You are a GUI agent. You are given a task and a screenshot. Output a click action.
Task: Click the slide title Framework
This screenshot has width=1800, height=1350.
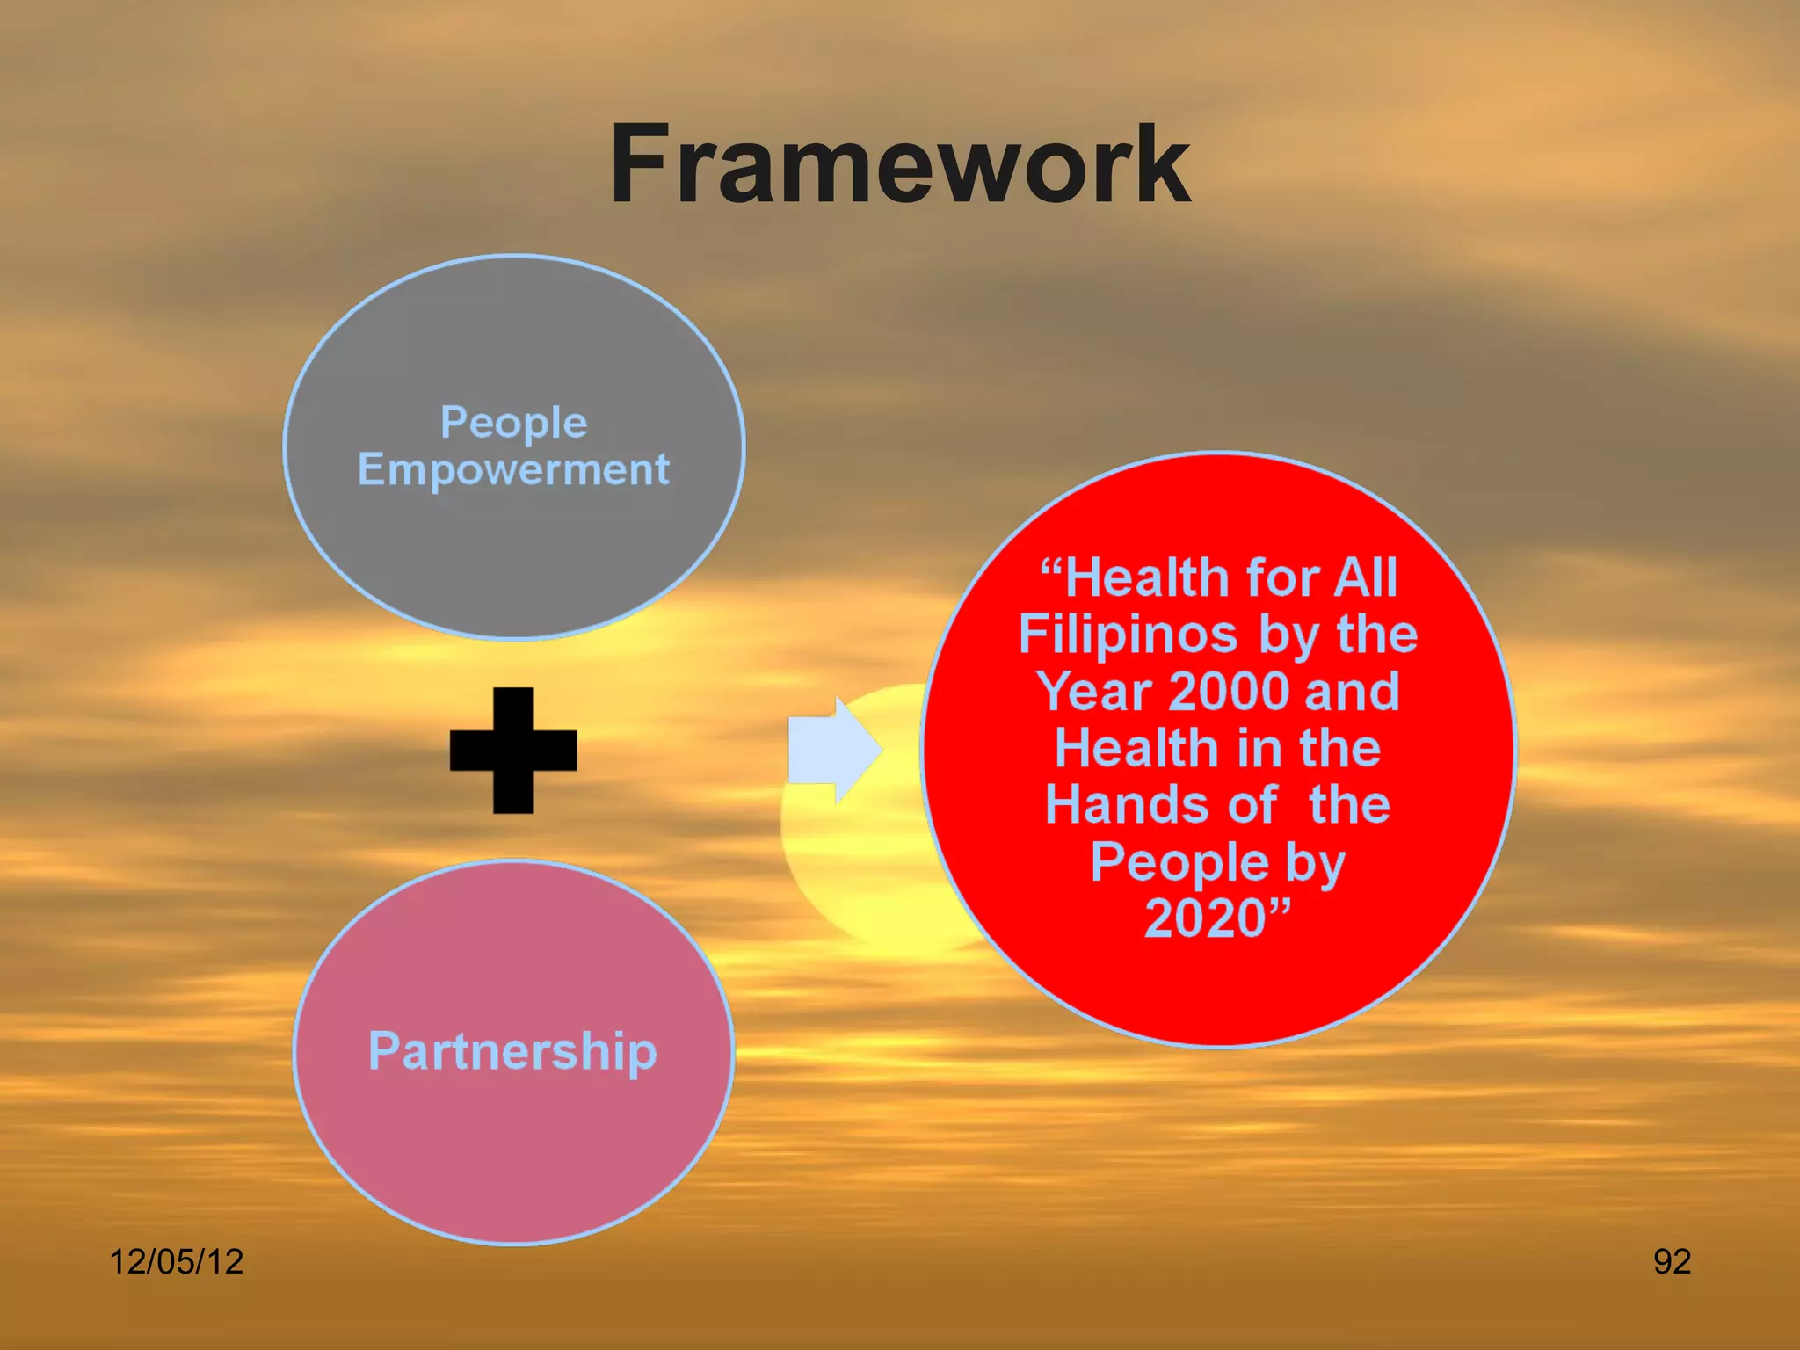coord(899,165)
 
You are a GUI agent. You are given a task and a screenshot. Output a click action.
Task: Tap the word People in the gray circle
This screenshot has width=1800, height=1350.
coord(513,423)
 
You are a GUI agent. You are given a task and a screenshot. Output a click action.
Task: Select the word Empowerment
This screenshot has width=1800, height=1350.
coord(513,469)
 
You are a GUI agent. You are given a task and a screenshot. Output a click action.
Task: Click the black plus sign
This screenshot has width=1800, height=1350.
coord(513,751)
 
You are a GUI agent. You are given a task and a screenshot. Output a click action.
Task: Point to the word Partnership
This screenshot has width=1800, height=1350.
coord(512,1051)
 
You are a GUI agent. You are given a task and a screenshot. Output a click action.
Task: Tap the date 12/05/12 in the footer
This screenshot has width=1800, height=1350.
coord(176,1261)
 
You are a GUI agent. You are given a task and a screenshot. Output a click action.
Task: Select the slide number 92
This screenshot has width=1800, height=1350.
coord(1672,1261)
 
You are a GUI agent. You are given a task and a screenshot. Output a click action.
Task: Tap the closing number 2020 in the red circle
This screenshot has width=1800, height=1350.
coord(1206,918)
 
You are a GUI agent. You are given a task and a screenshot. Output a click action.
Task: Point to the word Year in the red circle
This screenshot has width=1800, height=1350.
coord(1095,692)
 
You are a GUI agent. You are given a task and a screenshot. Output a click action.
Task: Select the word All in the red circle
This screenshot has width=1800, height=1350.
coord(1366,578)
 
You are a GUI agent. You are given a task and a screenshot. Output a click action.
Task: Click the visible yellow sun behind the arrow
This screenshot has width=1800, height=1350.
coord(870,870)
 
